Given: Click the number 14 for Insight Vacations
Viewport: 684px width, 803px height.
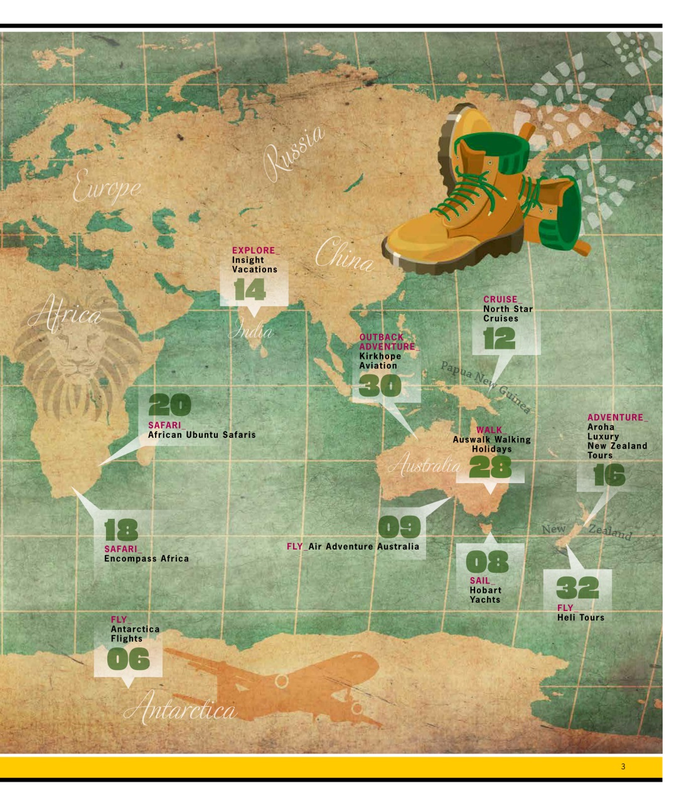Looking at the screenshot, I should (x=250, y=290).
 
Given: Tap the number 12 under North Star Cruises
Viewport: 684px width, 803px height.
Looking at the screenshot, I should (x=499, y=339).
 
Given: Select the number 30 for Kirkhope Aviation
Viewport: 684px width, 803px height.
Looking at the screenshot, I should (x=380, y=385).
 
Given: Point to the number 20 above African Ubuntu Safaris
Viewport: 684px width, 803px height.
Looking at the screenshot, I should (x=169, y=406).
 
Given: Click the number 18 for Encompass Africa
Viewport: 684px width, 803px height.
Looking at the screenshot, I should (x=121, y=530).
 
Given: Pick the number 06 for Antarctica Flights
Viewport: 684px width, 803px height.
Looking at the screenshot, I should (x=128, y=659).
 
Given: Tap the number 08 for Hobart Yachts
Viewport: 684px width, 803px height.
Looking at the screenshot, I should (x=488, y=561).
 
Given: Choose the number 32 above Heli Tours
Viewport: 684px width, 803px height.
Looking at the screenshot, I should (x=577, y=588).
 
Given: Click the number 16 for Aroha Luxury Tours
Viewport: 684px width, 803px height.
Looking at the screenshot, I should (x=609, y=476).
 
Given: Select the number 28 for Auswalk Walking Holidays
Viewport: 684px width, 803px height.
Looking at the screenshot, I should (x=490, y=467).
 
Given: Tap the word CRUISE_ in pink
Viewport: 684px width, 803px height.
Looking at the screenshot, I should (x=502, y=299).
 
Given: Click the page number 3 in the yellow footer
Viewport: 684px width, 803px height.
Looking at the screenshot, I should (x=623, y=766).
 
